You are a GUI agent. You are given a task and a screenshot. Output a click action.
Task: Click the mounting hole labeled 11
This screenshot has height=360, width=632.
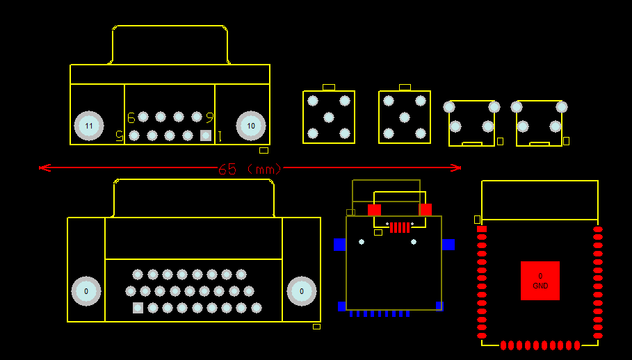(89, 126)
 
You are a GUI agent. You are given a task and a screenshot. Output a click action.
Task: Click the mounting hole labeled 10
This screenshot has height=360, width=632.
(251, 126)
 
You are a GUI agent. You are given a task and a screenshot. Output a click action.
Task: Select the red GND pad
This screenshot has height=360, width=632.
(540, 281)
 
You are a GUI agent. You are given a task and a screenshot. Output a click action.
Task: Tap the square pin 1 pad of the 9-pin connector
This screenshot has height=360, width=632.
(206, 136)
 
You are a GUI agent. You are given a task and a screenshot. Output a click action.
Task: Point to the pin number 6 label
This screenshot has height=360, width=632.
(131, 117)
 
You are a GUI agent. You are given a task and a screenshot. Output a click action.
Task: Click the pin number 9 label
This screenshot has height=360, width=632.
(209, 117)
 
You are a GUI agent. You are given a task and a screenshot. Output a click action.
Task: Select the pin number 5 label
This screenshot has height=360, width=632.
(120, 136)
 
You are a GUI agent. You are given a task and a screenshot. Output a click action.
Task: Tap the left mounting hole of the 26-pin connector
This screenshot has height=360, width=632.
(86, 291)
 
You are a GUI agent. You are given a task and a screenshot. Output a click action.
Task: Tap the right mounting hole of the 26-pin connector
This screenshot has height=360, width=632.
(302, 291)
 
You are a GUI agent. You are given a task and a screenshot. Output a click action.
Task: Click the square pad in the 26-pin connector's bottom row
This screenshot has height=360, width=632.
(138, 308)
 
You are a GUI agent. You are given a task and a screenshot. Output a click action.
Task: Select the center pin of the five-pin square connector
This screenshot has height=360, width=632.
(329, 117)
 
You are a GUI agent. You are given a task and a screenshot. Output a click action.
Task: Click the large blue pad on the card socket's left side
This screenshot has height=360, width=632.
(339, 245)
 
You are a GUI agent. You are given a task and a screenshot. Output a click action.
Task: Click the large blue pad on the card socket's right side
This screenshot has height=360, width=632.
(448, 245)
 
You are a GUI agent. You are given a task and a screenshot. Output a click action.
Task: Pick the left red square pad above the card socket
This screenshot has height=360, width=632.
(374, 209)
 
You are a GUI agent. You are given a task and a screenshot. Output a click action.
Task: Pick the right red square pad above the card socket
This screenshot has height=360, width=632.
(426, 209)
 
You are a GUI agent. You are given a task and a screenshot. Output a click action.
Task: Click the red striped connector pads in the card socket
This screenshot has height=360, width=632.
(400, 227)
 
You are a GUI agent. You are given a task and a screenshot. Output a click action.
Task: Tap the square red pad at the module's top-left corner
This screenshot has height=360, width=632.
(482, 229)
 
